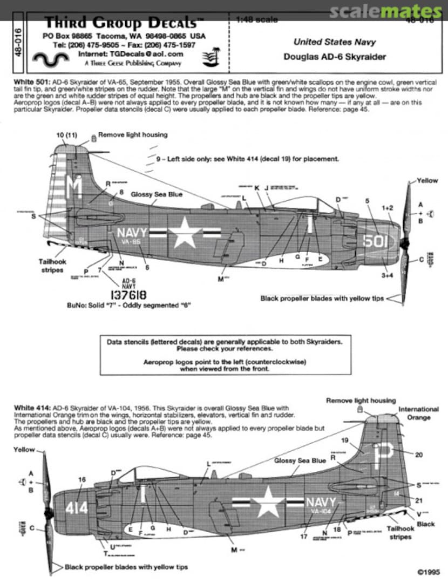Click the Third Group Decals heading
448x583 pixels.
pyautogui.click(x=120, y=23)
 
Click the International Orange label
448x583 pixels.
pyautogui.click(x=418, y=413)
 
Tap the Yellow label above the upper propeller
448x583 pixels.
pyautogui.click(x=427, y=181)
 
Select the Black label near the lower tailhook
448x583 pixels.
pyautogui.click(x=425, y=524)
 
